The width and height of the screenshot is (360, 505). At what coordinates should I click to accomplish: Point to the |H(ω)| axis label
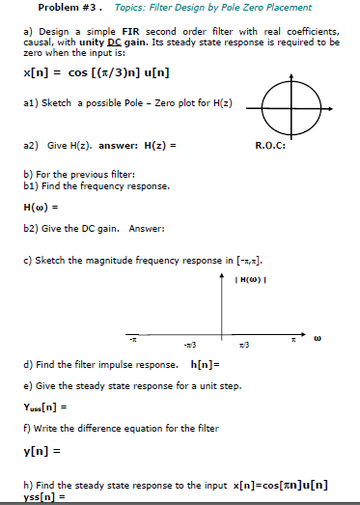(249, 255)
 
